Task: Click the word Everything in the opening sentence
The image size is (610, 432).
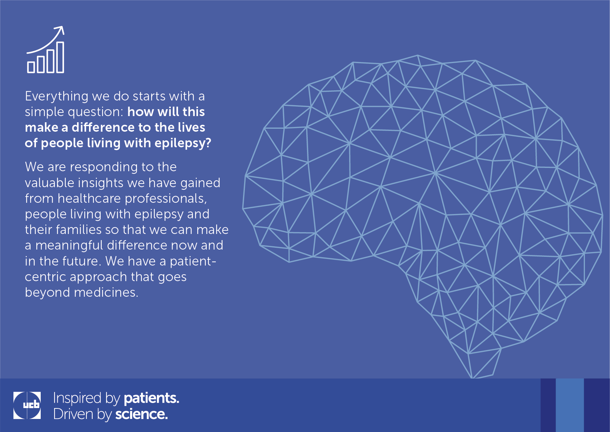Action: coord(57,96)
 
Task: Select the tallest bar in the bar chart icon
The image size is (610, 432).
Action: coord(60,57)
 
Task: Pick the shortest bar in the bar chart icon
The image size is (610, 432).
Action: coord(31,67)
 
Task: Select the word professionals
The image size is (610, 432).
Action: coord(166,199)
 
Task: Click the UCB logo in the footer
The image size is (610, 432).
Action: coord(27,406)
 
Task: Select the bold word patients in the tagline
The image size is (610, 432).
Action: coord(152,398)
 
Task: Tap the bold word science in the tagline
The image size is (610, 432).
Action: coord(141,414)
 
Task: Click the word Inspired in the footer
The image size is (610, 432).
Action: coord(77,398)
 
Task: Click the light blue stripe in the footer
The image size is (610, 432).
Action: coord(570,405)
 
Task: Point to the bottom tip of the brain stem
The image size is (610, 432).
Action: coord(472,378)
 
